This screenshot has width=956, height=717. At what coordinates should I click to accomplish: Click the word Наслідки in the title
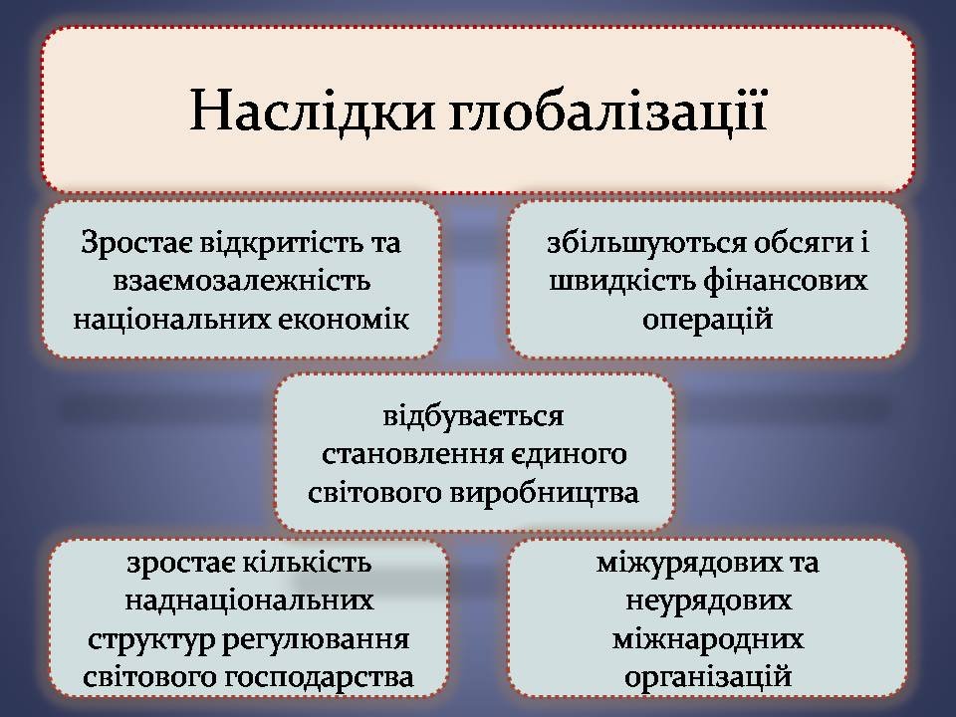(312, 111)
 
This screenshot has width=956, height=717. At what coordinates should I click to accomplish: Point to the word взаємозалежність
(241, 281)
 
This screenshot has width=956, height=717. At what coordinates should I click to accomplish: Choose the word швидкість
(621, 281)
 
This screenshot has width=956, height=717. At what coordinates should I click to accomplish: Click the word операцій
(708, 320)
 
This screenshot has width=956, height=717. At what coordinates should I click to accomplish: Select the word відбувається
(473, 417)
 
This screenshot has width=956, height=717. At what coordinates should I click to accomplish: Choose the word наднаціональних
(249, 601)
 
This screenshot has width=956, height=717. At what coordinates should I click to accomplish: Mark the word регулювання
(315, 639)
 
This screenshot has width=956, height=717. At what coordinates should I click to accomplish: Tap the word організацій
(708, 678)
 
